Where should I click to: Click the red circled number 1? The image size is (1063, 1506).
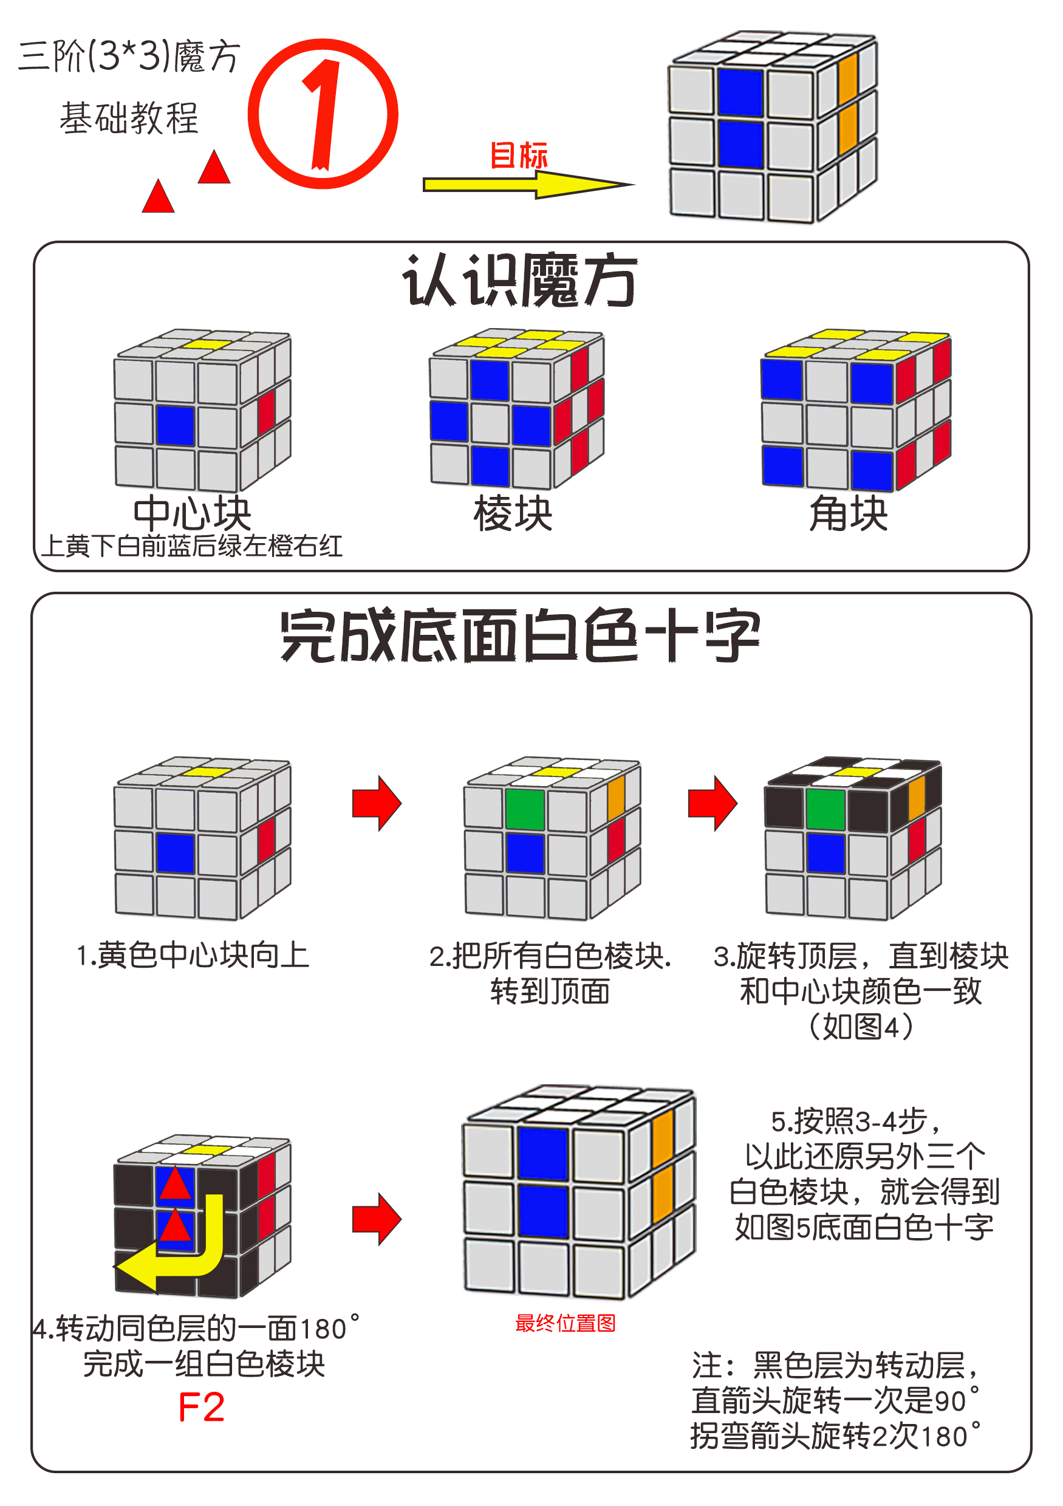[323, 114]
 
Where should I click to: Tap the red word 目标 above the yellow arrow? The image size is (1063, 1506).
[518, 156]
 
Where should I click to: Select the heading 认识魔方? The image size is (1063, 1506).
[519, 281]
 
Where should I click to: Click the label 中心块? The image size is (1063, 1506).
[192, 513]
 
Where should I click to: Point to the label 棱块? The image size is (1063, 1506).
[513, 513]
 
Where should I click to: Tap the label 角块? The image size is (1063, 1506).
[849, 513]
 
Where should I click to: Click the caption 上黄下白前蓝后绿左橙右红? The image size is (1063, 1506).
[192, 546]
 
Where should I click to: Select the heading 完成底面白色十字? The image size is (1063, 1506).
[519, 635]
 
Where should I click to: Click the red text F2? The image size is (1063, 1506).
[201, 1408]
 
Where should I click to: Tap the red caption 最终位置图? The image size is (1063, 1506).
[566, 1323]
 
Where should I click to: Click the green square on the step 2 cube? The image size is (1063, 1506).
[525, 809]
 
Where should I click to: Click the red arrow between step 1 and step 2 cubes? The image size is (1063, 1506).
[377, 803]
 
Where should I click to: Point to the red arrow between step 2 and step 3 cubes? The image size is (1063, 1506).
[712, 803]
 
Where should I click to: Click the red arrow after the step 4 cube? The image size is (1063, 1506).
[377, 1219]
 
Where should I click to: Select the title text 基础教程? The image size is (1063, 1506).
[129, 118]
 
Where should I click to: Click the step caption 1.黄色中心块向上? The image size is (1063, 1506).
[193, 955]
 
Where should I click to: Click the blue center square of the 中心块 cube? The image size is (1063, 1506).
[176, 426]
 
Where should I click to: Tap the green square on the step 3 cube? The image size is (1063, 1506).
[825, 809]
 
